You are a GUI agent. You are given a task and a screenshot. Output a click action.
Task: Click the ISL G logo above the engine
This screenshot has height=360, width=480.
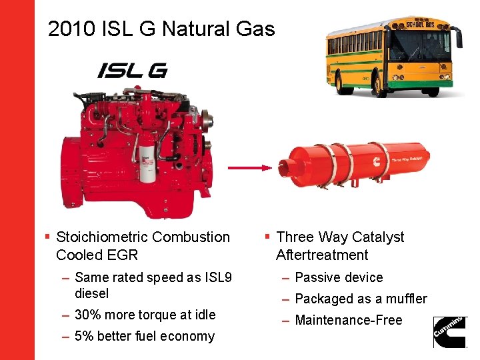click(132, 70)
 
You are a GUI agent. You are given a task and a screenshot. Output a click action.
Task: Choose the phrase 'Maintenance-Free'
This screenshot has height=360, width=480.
click(348, 320)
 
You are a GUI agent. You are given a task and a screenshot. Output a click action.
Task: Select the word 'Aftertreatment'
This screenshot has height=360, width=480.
click(322, 255)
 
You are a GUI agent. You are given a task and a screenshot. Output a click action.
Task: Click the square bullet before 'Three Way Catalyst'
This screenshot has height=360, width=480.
click(267, 237)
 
